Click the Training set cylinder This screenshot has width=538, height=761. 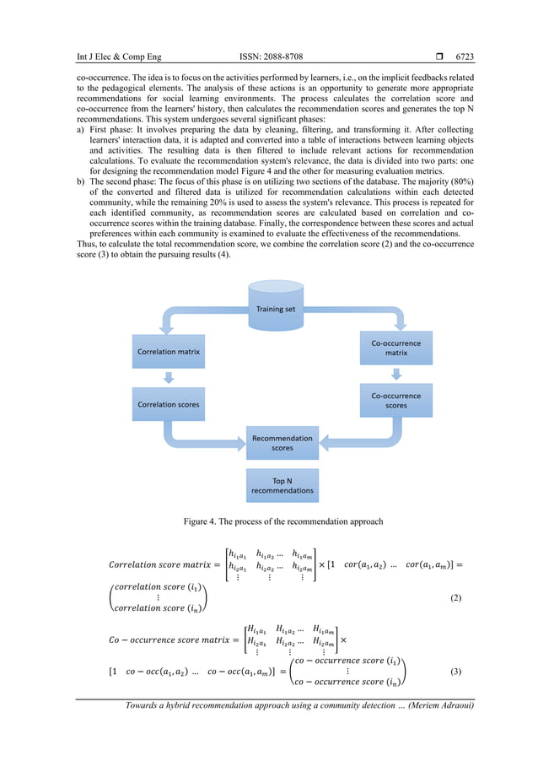click(x=276, y=309)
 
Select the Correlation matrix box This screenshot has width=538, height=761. click(x=168, y=350)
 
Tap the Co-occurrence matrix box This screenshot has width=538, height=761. click(x=395, y=348)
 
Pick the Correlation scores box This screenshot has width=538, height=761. click(x=168, y=404)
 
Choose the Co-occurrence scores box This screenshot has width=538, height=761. click(x=395, y=400)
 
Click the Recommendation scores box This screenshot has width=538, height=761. click(x=282, y=443)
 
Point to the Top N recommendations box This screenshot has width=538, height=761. click(x=282, y=485)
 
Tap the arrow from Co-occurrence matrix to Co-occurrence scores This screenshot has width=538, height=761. click(x=395, y=374)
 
